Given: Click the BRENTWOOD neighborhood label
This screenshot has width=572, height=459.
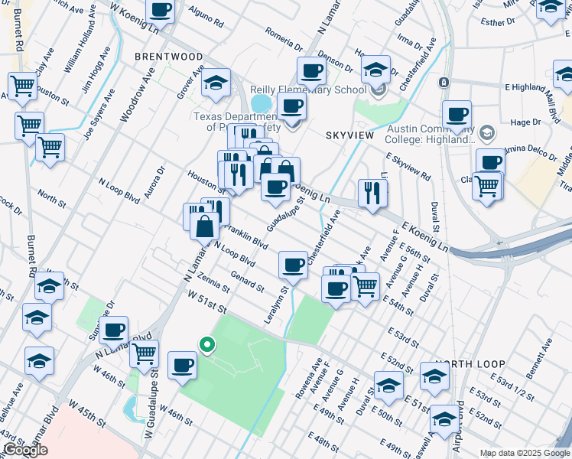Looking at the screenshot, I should tap(168, 57).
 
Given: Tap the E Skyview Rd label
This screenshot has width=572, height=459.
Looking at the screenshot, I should tap(408, 166).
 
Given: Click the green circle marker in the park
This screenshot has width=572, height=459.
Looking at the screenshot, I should tap(206, 345).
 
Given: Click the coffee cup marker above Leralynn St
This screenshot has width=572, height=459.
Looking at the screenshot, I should tap(293, 265).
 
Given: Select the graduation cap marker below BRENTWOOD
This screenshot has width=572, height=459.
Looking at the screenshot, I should tap(216, 83).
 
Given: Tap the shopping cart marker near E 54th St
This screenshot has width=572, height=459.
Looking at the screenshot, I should tap(365, 286).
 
